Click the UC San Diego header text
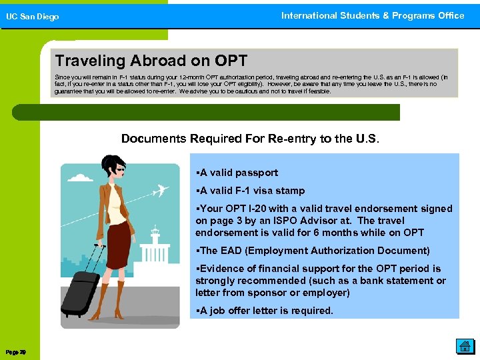33,17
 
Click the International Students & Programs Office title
373,15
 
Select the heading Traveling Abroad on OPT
151,61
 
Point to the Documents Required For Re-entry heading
250,139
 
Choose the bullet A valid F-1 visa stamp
250,191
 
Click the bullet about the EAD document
313,251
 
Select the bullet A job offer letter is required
264,311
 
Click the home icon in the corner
465,345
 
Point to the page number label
15,351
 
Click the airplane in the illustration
159,191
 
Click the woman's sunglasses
119,171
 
